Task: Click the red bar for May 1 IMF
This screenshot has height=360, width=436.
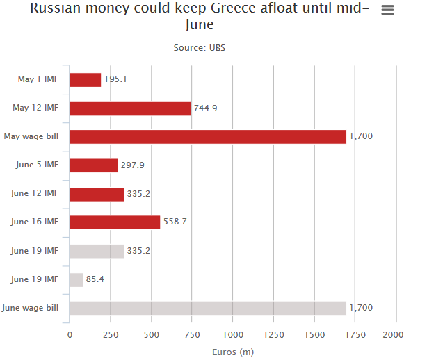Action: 86,80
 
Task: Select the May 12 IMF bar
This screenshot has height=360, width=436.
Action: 130,108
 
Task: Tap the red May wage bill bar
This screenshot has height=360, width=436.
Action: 208,137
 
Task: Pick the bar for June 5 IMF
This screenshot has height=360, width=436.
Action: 94,165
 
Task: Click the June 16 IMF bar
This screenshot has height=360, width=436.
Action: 115,222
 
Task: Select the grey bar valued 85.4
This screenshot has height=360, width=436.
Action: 76,280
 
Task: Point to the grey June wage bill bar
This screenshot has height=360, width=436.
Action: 208,308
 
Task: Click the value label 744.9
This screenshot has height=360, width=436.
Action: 206,108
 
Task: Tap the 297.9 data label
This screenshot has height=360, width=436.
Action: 133,165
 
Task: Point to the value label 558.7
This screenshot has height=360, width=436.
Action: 175,222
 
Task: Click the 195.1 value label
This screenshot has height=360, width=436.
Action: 115,79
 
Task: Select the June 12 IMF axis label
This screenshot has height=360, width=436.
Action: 35,193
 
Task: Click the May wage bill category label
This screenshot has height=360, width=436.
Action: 31,136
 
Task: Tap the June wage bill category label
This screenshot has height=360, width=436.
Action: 30,308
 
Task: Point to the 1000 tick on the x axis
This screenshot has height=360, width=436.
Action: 233,335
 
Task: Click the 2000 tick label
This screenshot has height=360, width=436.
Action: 393,335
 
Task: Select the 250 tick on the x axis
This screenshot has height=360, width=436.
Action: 111,335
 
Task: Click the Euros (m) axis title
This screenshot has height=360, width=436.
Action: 233,352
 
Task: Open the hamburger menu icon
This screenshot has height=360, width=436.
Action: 387,10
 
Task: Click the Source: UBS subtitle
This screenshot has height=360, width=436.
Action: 200,48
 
